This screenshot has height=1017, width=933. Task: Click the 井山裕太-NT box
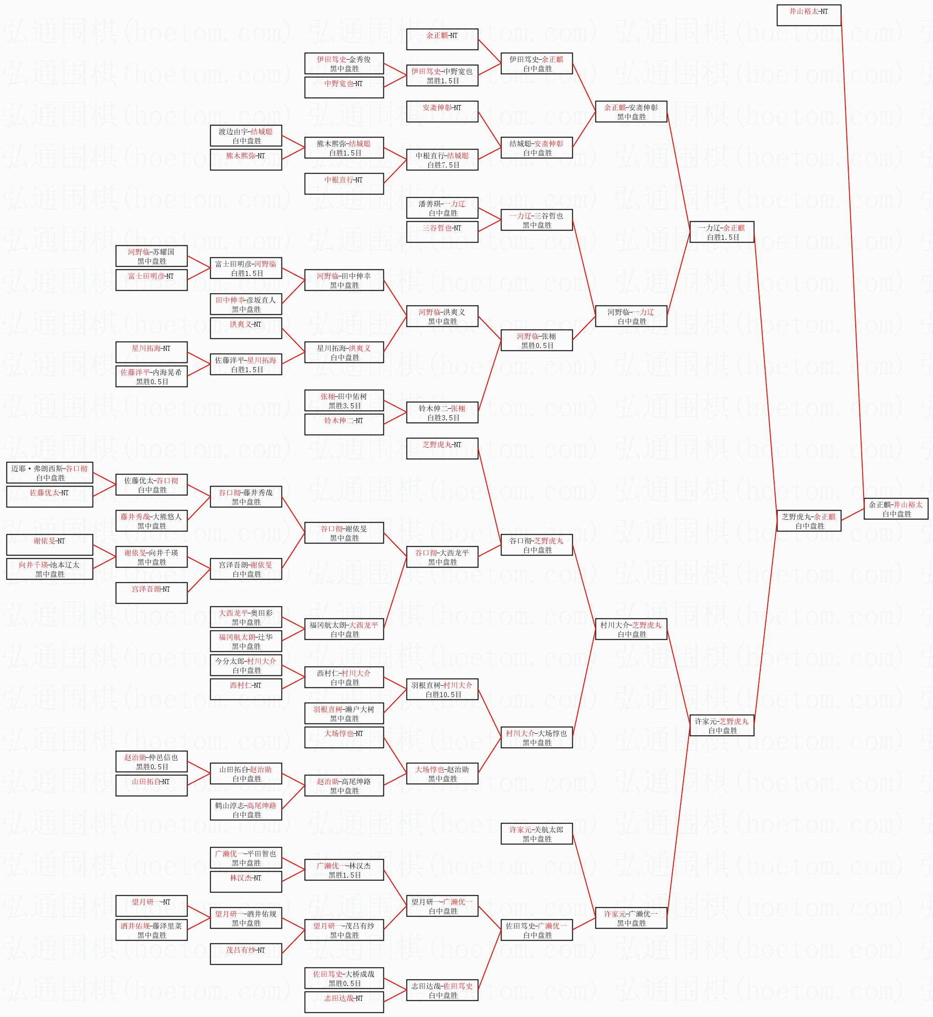(808, 15)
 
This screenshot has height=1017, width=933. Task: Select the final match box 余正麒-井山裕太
(895, 509)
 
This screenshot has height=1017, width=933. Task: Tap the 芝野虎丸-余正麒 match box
(808, 521)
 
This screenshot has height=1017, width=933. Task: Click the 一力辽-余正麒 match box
(721, 232)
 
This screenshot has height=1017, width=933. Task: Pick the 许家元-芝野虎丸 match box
(721, 725)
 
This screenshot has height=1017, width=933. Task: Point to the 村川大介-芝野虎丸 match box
(631, 630)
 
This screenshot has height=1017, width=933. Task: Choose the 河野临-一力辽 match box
(631, 317)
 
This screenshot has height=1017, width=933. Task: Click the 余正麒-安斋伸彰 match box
(631, 112)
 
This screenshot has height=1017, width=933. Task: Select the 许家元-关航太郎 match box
(536, 834)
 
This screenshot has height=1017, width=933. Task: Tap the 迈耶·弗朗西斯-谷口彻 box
(50, 473)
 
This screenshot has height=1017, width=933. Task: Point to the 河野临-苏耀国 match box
(151, 256)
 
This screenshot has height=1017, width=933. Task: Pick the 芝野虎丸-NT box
(442, 449)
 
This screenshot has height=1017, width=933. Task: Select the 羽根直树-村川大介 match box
(442, 689)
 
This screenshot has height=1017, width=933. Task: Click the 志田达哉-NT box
(344, 1002)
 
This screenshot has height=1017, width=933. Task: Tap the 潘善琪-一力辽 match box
(442, 208)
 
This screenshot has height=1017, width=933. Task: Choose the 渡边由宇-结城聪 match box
(246, 136)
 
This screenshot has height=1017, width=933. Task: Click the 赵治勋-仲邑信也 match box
(151, 761)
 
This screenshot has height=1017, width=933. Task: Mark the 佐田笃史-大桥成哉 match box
(344, 978)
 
